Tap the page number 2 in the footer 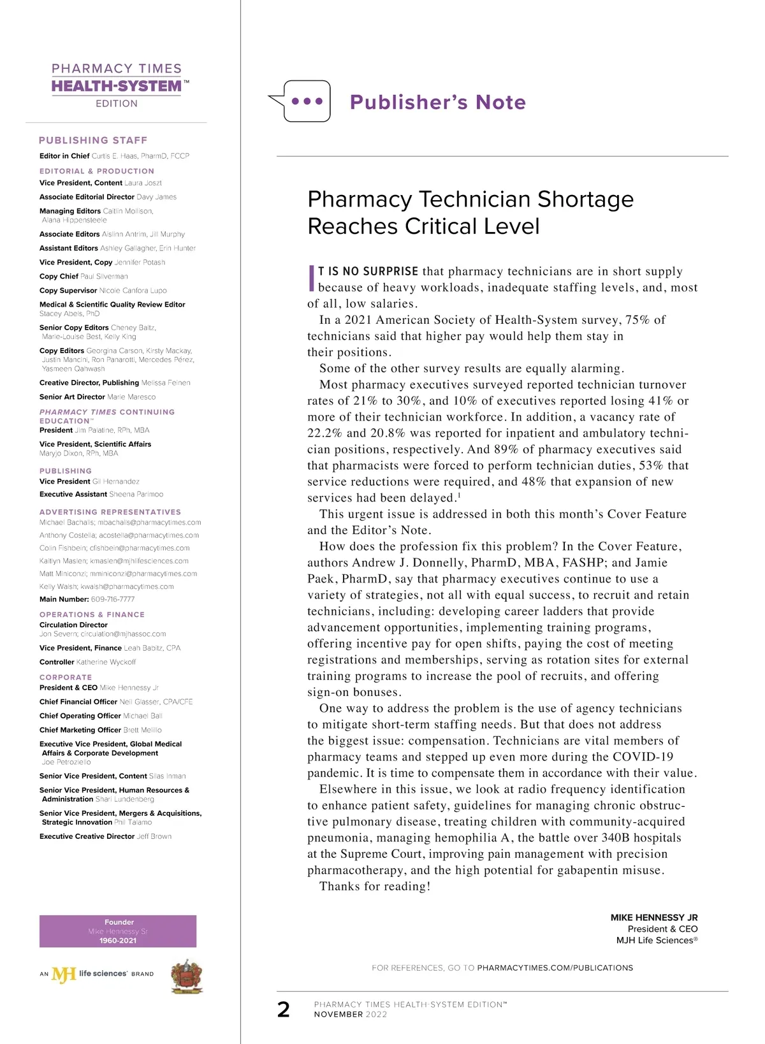click(x=284, y=1009)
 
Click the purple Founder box click(x=118, y=931)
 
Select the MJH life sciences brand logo click(x=96, y=974)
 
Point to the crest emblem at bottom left click(x=187, y=976)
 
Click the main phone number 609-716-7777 click(x=113, y=599)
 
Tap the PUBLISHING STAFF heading click(x=93, y=140)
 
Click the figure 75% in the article click(x=637, y=320)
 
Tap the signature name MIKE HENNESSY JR click(x=654, y=917)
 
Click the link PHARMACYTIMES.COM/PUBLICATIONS click(x=555, y=968)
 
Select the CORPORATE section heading click(x=66, y=678)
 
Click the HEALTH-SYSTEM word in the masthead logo click(x=117, y=87)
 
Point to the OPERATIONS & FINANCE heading click(x=92, y=614)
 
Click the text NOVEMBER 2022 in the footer click(x=350, y=1014)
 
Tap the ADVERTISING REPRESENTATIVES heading click(x=110, y=512)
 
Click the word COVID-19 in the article click(x=643, y=757)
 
